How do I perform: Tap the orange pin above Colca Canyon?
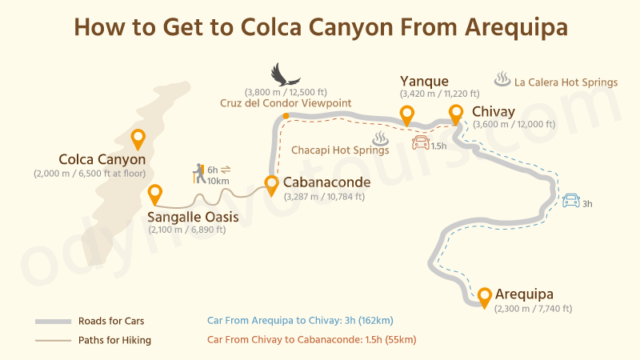click(138, 138)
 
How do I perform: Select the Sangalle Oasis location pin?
click(155, 194)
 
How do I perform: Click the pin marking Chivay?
click(456, 114)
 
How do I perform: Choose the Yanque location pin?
click(406, 115)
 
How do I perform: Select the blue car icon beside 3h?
click(571, 201)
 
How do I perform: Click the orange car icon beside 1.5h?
click(419, 144)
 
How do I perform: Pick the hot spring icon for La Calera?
click(502, 80)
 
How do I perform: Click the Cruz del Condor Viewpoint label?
click(286, 103)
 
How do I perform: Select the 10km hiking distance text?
click(217, 181)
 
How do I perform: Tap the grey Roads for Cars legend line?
click(53, 322)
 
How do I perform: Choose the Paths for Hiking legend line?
click(53, 341)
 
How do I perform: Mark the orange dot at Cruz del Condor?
click(285, 117)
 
